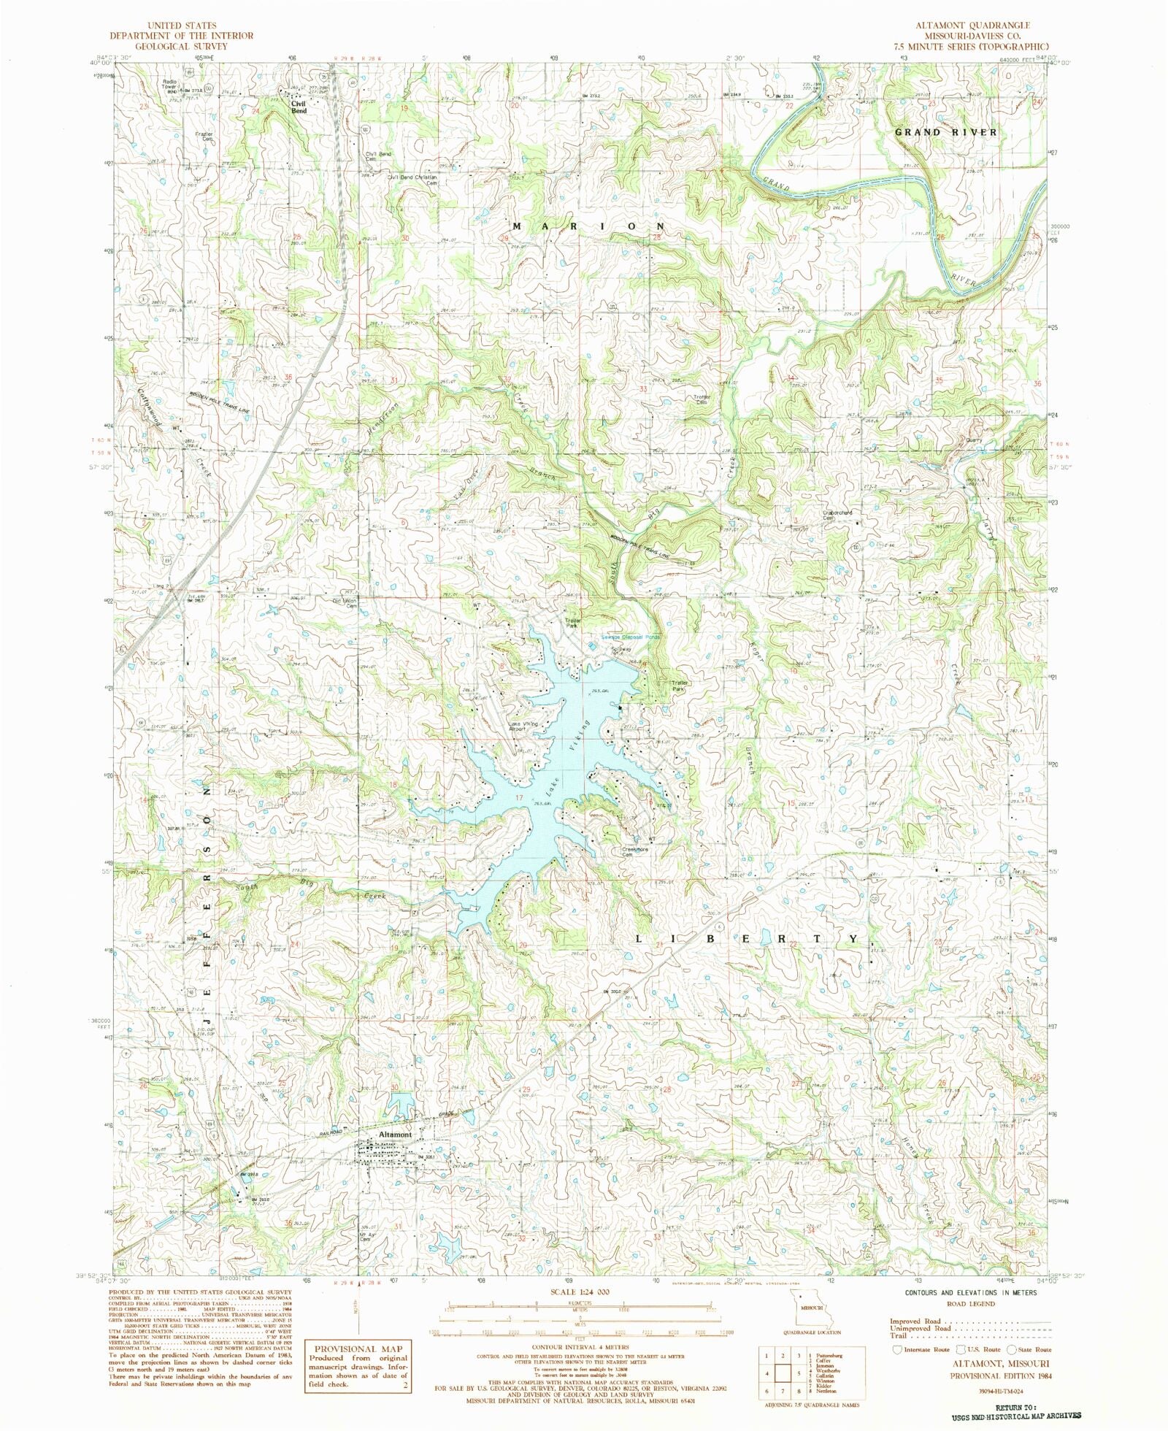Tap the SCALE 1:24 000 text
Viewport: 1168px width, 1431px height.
pos(583,1292)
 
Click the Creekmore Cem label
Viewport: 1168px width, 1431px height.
pos(634,851)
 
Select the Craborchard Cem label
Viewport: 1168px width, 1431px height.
pos(837,515)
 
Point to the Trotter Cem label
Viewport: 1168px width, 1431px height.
pos(702,399)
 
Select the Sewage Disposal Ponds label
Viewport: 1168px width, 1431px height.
pos(630,637)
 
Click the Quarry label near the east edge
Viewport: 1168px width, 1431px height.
pos(973,440)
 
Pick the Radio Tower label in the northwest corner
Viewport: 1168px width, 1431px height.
pos(170,84)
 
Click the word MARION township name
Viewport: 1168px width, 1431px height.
pos(588,226)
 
